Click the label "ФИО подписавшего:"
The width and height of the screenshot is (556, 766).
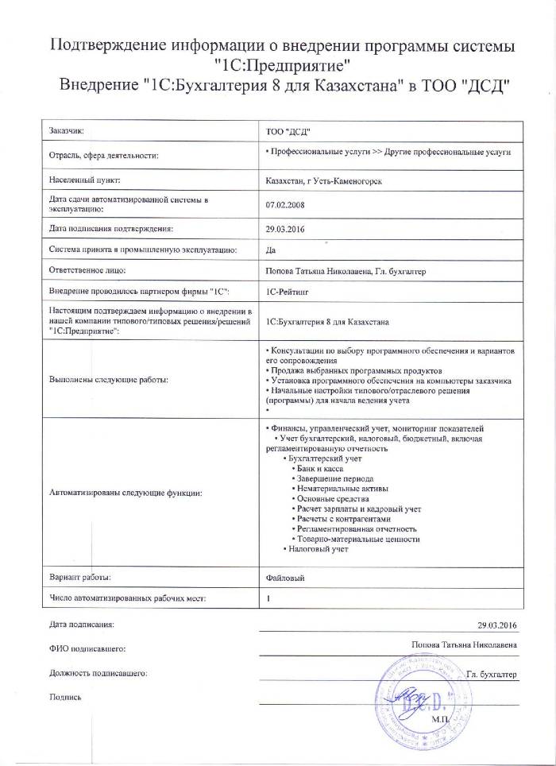point(88,648)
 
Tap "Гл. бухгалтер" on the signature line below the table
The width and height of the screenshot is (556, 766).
point(492,674)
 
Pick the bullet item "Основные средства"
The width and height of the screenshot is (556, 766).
point(330,498)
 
